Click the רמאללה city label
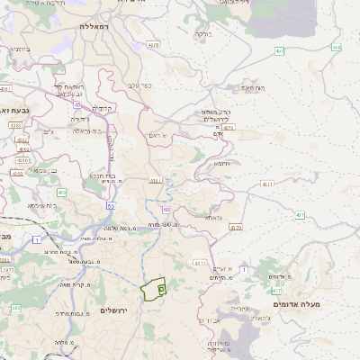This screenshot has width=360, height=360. point(93,27)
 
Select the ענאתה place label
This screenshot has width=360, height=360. point(212,217)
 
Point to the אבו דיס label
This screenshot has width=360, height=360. point(206,319)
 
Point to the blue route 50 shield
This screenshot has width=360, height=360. point(110,206)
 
